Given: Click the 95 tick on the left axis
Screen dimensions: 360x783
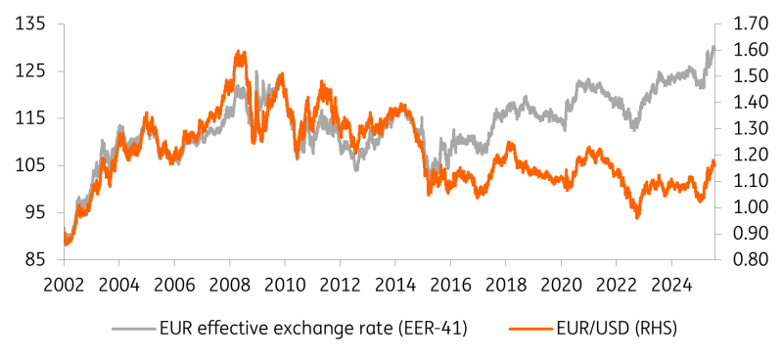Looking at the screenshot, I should pyautogui.click(x=33, y=212).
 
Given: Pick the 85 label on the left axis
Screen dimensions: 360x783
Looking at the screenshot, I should pyautogui.click(x=33, y=259).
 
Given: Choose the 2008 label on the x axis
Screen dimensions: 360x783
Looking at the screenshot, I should pyautogui.click(x=229, y=284).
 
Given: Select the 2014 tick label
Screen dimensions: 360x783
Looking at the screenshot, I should pyautogui.click(x=395, y=284).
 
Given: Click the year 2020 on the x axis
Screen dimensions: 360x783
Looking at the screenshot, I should pyautogui.click(x=561, y=284).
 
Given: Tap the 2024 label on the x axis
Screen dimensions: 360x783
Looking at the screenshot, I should pyautogui.click(x=671, y=284).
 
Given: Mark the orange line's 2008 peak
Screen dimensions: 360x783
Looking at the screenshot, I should pyautogui.click(x=239, y=53).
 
